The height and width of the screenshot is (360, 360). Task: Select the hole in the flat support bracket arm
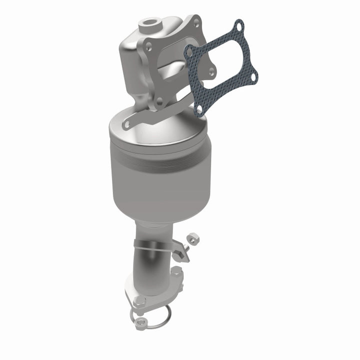tap(127, 122)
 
